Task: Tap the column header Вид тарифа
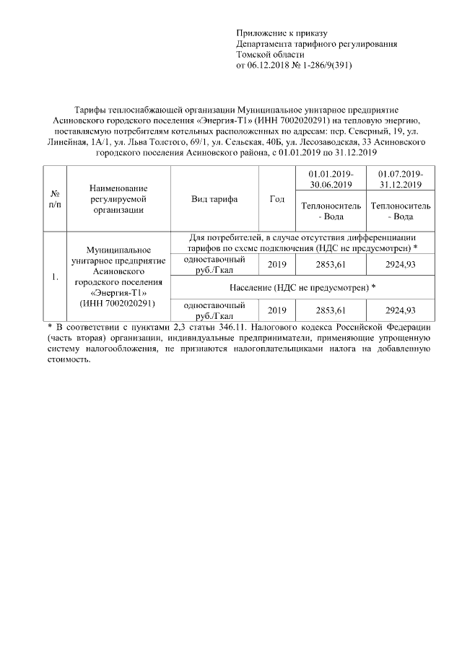[x=214, y=199]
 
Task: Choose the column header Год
[x=276, y=199]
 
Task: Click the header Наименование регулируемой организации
[x=118, y=199]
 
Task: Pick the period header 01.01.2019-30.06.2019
[x=330, y=180]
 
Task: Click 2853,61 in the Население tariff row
[x=330, y=310]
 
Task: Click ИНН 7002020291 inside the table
[x=118, y=304]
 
